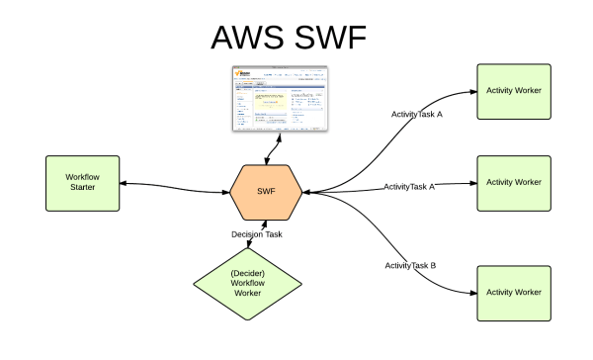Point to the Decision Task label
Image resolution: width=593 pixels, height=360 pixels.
(259, 234)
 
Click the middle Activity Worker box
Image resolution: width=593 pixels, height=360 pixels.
(514, 183)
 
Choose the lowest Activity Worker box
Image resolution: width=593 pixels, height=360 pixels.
(514, 293)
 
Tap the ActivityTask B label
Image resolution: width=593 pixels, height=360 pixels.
(410, 266)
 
